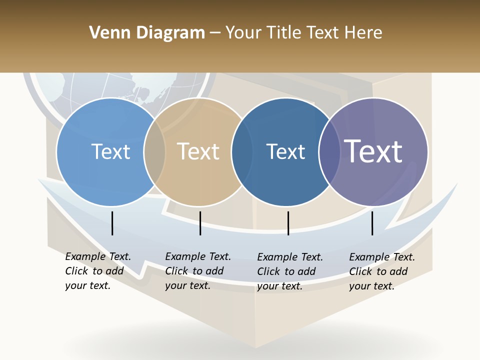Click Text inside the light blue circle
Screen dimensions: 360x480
[110, 151]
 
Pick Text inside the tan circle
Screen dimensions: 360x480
[198, 151]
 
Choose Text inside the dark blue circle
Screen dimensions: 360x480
[285, 151]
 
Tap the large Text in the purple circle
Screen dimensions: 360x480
[373, 151]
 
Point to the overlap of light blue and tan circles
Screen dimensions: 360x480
[154, 152]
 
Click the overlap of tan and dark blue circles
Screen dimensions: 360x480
[242, 152]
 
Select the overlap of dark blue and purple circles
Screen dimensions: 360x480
[329, 152]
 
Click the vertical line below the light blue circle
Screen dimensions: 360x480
[112, 223]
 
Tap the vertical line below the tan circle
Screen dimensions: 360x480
[200, 223]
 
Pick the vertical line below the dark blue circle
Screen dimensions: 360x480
[288, 223]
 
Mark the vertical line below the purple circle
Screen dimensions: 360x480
[372, 223]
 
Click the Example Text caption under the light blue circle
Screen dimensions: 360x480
[97, 271]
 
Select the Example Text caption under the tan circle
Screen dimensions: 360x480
[197, 271]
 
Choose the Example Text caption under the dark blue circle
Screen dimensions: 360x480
[289, 271]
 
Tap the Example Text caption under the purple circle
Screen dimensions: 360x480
[381, 271]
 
